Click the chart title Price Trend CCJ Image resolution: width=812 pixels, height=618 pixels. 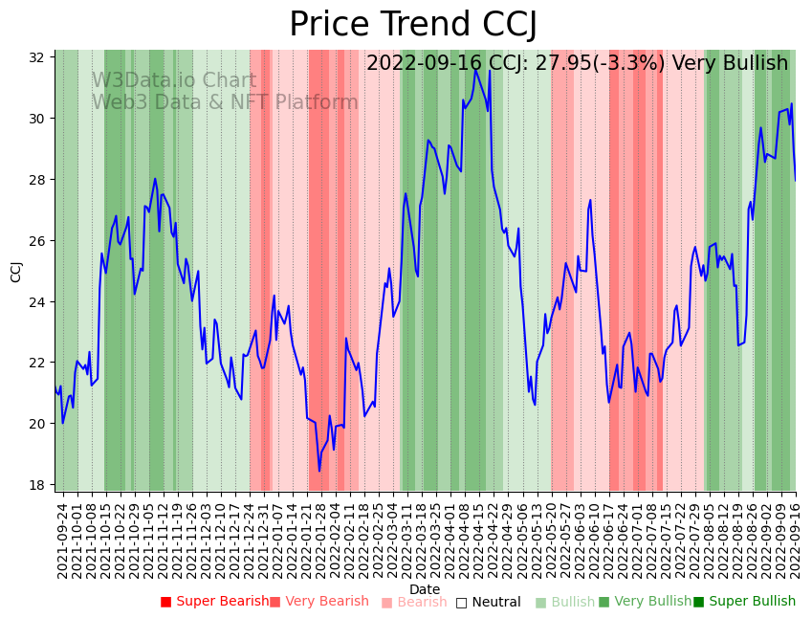[413, 24]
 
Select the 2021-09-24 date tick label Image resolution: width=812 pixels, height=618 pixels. [62, 540]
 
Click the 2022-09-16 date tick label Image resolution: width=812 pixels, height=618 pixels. [795, 540]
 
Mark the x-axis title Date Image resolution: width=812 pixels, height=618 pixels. [425, 589]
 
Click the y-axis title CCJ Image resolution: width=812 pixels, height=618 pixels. [16, 271]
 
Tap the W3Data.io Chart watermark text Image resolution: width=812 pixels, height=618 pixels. [174, 81]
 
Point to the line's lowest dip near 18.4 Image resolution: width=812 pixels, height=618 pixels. [319, 470]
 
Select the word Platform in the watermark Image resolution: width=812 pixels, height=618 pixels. [317, 103]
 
